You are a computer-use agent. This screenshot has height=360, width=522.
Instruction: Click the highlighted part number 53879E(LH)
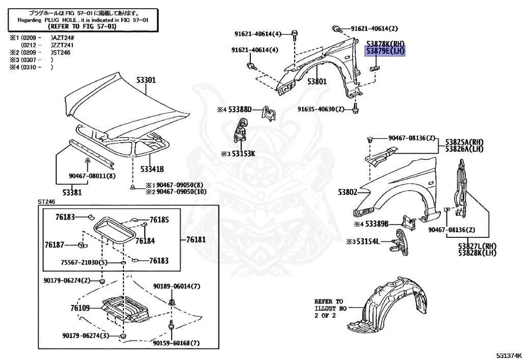coord(385,51)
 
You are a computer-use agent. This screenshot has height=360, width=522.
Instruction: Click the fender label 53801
coord(316,81)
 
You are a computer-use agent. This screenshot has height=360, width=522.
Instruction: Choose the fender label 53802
coord(347,192)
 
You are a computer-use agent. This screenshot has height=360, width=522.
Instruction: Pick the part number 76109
coord(80,308)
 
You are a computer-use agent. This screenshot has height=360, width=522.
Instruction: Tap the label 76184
coord(145,240)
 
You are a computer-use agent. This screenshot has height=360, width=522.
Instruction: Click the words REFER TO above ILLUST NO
coord(328,301)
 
